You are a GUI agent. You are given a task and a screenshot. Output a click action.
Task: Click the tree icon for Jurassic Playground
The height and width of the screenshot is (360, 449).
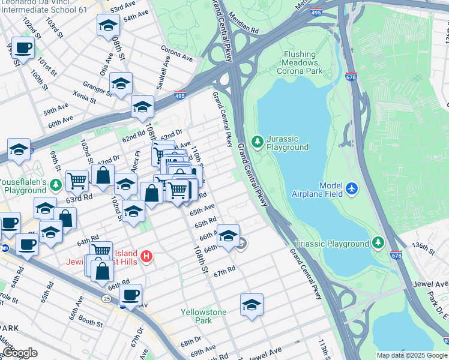click(x=258, y=141)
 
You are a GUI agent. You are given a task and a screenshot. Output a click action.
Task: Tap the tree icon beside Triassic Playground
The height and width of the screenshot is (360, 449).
click(x=378, y=243)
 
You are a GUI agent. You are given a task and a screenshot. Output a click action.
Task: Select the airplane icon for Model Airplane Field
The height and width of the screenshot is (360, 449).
click(x=352, y=189)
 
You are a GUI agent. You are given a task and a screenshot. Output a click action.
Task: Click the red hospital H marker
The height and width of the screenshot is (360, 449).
click(x=146, y=258)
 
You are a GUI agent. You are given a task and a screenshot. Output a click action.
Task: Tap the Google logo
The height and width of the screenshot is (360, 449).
click(x=20, y=353)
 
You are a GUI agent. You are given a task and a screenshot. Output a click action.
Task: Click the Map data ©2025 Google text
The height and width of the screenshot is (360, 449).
click(x=412, y=355)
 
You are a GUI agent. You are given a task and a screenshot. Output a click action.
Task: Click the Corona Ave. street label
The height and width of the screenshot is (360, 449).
click(x=178, y=54)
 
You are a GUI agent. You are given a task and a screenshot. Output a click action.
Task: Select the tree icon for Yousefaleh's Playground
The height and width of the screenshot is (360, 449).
click(x=56, y=184)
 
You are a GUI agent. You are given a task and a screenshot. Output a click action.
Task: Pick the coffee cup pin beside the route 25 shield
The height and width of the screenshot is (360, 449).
click(x=130, y=295)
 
